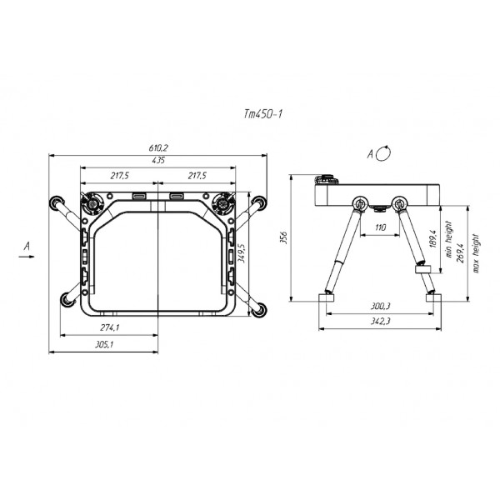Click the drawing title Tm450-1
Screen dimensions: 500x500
(x=263, y=114)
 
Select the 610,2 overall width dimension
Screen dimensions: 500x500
(x=158, y=148)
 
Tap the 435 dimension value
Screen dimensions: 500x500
(x=158, y=160)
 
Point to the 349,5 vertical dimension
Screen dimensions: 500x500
(x=242, y=253)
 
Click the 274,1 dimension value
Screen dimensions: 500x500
(x=109, y=327)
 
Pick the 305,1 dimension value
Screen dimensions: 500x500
(x=104, y=344)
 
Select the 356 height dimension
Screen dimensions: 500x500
(x=283, y=237)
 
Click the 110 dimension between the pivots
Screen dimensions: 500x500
(x=381, y=227)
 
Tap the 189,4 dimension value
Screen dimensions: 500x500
(x=432, y=239)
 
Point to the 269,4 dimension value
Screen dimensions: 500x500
(x=460, y=252)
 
